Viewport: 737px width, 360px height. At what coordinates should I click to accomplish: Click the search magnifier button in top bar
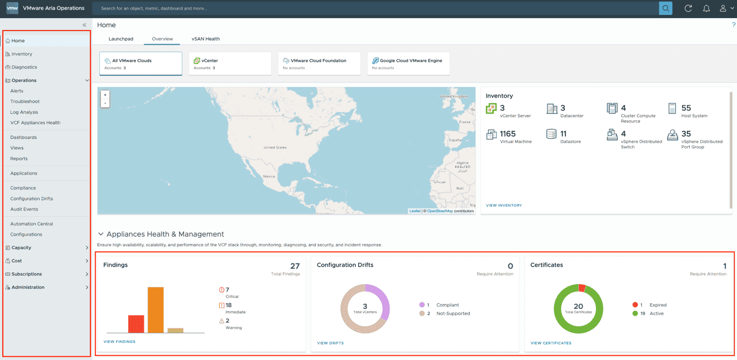(665, 9)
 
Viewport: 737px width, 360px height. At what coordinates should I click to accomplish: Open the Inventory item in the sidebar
(21, 54)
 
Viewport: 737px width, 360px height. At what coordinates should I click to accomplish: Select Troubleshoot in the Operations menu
(25, 101)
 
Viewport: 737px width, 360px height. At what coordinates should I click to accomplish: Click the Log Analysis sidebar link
(24, 112)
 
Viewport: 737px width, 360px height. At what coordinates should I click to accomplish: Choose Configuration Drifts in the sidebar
(32, 199)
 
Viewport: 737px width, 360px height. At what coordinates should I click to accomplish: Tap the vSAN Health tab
(206, 39)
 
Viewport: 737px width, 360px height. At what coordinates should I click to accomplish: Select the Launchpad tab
(121, 39)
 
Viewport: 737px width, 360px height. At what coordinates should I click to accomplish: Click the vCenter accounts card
(230, 64)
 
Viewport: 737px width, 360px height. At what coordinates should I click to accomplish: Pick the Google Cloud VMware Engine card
(408, 64)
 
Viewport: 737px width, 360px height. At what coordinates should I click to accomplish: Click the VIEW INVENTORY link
(503, 205)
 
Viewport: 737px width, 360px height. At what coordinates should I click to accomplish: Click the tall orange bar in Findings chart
(156, 310)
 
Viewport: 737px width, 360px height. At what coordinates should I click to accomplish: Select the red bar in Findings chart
(136, 324)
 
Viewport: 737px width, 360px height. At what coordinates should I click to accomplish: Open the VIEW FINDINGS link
(119, 342)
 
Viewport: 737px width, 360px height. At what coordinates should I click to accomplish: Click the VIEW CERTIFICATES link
(550, 343)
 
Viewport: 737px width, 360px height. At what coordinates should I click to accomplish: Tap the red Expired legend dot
(635, 305)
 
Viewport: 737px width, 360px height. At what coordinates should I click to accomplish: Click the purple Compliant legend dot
(422, 305)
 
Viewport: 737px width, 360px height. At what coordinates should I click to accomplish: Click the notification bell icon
(706, 9)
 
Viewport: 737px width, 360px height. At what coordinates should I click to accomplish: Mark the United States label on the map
(275, 147)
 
